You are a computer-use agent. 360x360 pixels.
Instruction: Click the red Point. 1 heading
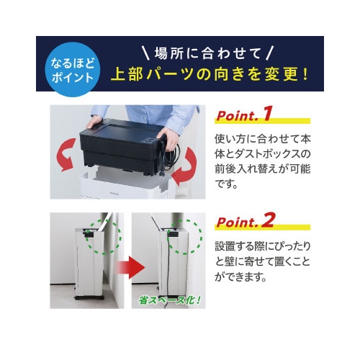[246, 114]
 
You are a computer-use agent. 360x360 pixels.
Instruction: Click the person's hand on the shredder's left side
[91, 122]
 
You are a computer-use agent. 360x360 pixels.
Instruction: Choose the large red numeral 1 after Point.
[269, 113]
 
